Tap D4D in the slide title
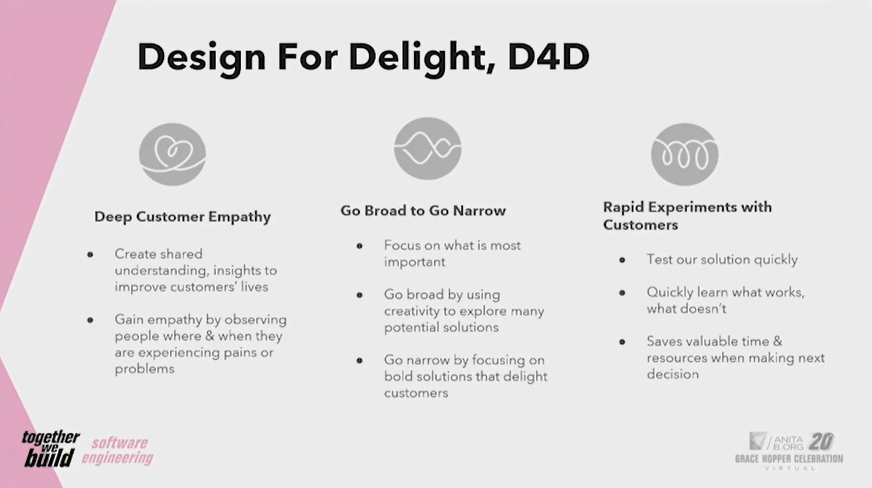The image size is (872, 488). point(548,57)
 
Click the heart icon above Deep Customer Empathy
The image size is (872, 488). point(172,154)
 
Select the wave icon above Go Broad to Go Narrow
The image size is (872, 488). point(427,148)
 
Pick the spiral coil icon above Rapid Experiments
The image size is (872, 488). point(685,154)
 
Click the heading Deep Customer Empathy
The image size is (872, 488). point(183,217)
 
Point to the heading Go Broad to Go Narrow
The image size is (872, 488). point(423,211)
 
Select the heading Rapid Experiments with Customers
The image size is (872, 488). point(687,216)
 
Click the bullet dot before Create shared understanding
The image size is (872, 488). point(90,255)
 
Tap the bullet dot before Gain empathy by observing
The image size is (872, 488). point(90,320)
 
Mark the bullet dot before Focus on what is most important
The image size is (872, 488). point(360,246)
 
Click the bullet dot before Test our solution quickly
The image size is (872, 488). point(622,260)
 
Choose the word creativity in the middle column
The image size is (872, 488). point(411,311)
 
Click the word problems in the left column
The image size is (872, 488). point(144,369)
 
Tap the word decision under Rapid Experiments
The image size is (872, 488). point(673,374)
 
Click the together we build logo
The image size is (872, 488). point(50,448)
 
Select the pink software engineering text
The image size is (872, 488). point(118,450)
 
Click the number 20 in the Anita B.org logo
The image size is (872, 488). point(821,441)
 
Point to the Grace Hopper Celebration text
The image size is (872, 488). point(788,459)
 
